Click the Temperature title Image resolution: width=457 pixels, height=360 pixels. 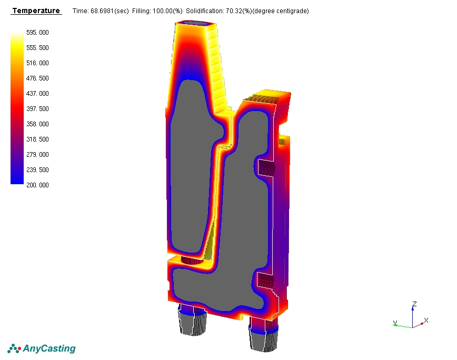point(36,11)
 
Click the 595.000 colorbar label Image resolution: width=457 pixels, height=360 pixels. point(37,32)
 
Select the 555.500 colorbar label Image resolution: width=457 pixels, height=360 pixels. point(37,48)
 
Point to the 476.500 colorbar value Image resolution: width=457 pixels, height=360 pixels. point(37,78)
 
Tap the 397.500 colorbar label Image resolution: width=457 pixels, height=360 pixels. point(37,108)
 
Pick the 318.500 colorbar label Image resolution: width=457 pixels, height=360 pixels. point(37,139)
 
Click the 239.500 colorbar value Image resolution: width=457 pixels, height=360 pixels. point(37,170)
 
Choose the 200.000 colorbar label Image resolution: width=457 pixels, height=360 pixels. point(37,185)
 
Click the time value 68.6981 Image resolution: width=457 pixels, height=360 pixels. point(102,11)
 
